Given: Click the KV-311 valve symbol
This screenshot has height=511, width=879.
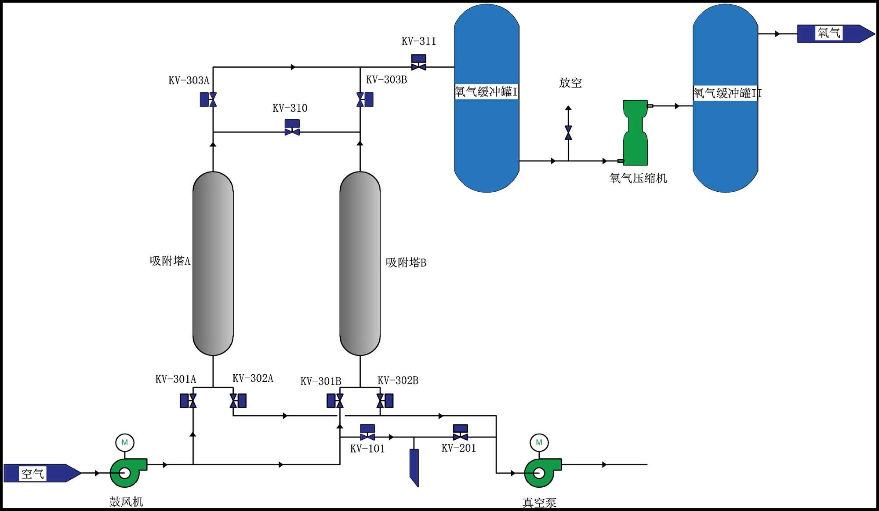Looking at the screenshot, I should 418,63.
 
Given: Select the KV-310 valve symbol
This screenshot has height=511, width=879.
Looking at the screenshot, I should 292,128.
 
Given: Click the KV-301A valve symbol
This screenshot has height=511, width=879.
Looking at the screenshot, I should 189,401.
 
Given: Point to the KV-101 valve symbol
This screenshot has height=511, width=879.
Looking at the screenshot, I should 367,433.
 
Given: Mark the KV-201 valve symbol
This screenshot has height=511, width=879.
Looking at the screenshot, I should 460,433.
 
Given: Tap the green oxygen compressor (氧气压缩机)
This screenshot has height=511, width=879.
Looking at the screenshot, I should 635,133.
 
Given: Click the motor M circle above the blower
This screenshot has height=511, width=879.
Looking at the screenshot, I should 125,442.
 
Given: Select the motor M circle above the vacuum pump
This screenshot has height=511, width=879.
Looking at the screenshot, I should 539,442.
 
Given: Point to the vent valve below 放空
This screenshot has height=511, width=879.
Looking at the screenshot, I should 568,133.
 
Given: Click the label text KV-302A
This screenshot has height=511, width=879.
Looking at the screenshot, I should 253,379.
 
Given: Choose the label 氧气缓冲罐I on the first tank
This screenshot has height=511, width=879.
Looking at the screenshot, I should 486,92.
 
